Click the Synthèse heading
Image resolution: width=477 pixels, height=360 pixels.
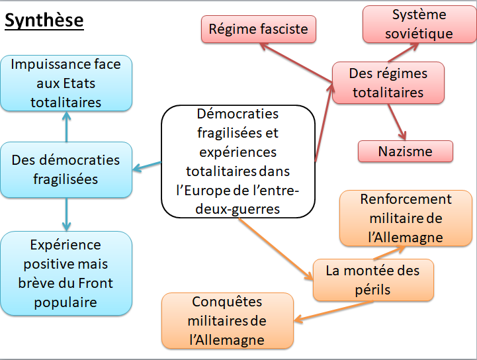[x=44, y=21]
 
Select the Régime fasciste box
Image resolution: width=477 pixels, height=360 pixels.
[x=259, y=29]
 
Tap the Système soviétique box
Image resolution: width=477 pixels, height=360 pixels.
[x=419, y=24]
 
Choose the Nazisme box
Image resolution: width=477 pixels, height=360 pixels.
[x=406, y=152]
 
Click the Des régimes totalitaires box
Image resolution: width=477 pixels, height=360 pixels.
[x=388, y=83]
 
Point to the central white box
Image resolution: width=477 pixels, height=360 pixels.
[x=238, y=161]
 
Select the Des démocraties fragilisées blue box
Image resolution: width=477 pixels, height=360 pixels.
[x=66, y=169]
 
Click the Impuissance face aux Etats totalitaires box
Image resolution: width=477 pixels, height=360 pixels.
[x=66, y=83]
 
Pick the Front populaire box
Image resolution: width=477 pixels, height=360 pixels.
[x=66, y=274]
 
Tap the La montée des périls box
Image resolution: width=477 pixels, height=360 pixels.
[x=374, y=280]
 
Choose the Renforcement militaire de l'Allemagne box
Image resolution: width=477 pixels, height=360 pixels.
[x=406, y=218]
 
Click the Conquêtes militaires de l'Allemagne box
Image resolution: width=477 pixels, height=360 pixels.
[x=227, y=321]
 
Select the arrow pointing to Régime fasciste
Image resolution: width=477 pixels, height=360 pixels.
[x=296, y=64]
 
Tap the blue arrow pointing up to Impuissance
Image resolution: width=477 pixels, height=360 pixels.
[x=66, y=126]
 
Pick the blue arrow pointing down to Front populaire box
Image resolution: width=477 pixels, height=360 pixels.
[x=66, y=213]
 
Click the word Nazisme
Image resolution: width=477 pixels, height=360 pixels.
[x=406, y=152]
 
